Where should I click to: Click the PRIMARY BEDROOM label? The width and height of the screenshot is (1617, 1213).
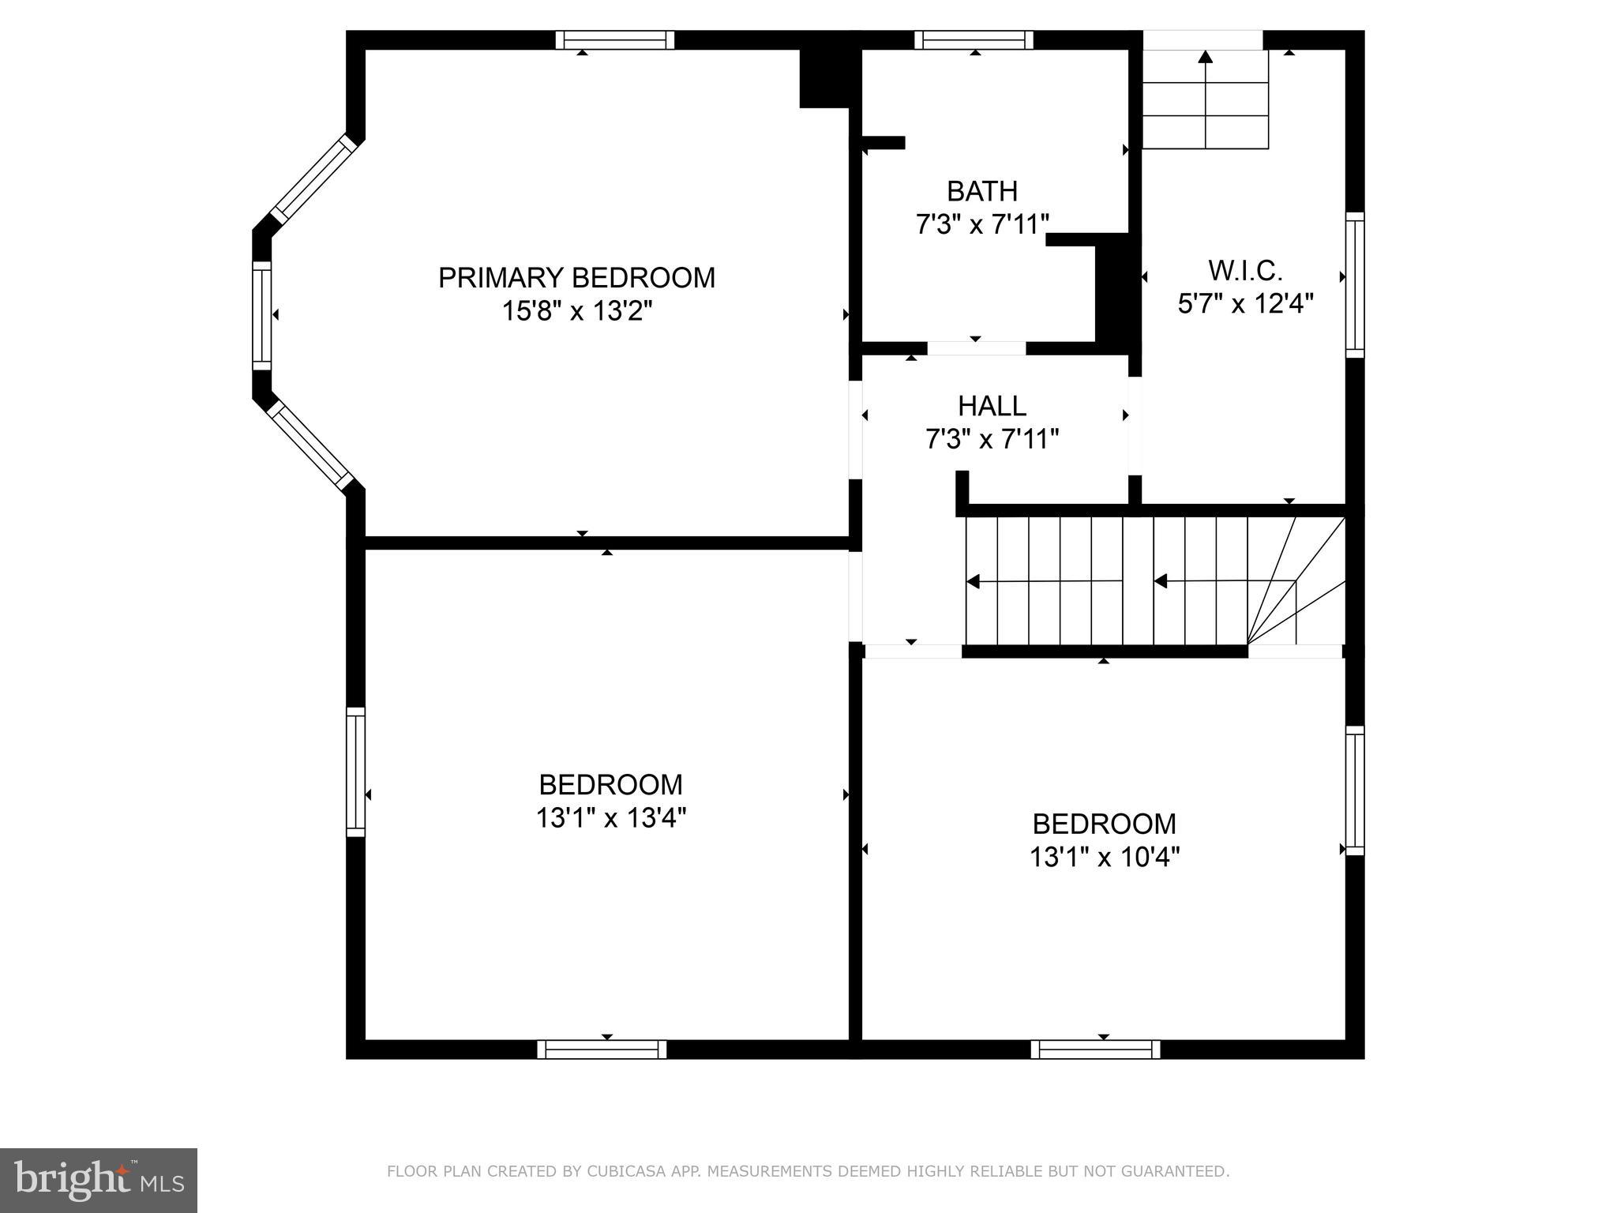576,278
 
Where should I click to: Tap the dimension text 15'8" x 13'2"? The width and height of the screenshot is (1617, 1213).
576,312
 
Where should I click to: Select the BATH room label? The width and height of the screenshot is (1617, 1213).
982,191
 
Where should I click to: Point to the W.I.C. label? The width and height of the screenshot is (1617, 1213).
1245,271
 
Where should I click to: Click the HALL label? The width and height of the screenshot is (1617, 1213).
992,406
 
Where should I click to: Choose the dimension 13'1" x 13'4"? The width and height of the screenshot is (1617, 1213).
610,818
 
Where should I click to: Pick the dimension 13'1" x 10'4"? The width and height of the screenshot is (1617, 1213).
1104,858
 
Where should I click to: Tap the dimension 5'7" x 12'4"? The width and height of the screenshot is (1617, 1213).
1245,304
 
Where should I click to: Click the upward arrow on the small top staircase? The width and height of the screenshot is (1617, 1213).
1205,57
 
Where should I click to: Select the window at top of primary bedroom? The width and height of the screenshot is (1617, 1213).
614,39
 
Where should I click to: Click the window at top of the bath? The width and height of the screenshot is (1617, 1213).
974,39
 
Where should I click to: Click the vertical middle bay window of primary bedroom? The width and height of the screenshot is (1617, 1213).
261,315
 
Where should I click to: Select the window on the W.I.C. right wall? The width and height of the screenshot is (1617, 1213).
1355,284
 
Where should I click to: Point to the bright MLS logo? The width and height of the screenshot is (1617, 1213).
98,1180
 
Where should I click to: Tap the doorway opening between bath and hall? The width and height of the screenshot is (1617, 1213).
976,348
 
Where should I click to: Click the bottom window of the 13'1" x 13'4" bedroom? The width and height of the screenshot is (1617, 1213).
602,1049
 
